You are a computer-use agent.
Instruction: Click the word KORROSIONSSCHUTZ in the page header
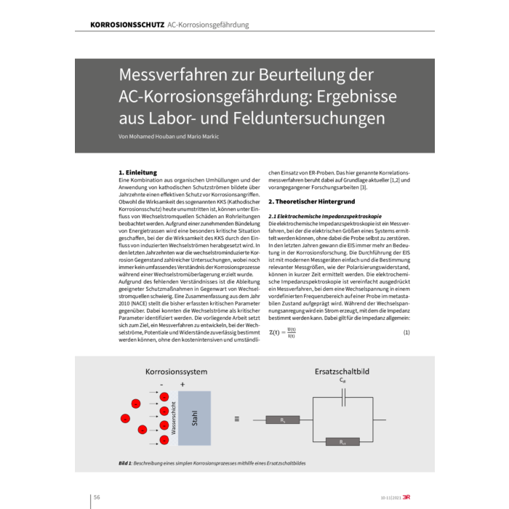click(127, 25)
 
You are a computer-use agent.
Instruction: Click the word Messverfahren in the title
click(171, 75)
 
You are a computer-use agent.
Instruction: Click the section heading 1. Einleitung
click(137, 172)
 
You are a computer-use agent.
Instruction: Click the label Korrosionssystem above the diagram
click(177, 372)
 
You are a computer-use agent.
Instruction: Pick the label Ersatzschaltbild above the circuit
click(342, 371)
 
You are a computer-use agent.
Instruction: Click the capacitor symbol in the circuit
click(343, 396)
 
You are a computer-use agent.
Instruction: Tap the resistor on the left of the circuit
click(282, 420)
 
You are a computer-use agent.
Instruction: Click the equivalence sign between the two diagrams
click(236, 420)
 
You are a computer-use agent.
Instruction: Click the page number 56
click(96, 497)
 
